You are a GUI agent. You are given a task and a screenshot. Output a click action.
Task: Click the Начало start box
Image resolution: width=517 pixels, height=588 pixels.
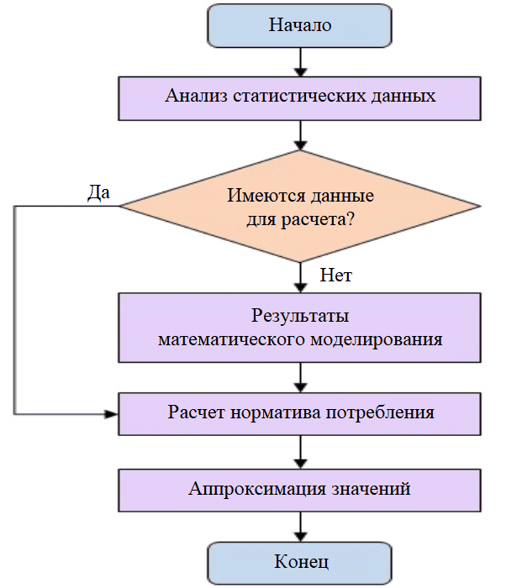299,25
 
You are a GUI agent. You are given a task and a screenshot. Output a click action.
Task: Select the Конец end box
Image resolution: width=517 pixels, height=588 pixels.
299,561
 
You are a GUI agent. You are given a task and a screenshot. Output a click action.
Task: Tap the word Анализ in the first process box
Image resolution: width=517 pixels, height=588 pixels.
193,95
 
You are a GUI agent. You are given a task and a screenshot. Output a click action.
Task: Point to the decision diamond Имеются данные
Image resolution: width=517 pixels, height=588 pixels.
299,207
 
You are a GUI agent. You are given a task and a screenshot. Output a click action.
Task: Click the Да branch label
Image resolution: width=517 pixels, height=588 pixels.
99,192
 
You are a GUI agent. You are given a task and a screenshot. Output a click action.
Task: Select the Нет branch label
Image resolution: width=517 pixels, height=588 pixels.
335,275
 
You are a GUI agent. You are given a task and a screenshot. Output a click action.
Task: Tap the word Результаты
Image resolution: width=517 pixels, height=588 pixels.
299,317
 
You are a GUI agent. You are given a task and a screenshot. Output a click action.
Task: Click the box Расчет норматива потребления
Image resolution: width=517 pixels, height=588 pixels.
299,412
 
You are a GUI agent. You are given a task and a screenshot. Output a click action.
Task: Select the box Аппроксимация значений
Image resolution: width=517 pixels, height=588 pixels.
299,488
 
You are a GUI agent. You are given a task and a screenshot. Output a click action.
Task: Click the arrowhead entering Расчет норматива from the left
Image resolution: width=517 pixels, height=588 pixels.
111,413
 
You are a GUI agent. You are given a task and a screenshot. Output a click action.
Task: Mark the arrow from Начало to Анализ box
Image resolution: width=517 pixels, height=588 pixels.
299,63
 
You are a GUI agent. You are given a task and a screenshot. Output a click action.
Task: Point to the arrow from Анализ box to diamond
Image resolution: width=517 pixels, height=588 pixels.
299,134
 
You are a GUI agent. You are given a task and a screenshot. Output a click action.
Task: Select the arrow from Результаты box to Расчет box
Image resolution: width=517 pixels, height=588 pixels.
299,375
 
